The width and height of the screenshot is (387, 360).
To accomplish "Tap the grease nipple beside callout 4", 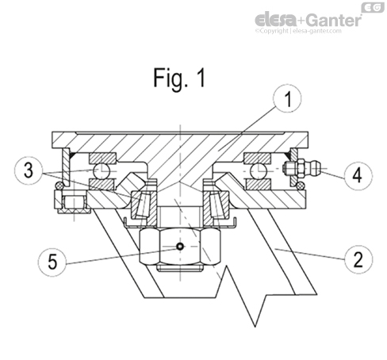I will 301,168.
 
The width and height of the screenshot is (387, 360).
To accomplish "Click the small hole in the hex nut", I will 181,247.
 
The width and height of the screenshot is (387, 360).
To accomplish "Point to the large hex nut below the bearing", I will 181,247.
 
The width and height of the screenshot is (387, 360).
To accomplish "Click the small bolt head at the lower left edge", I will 73,202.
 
